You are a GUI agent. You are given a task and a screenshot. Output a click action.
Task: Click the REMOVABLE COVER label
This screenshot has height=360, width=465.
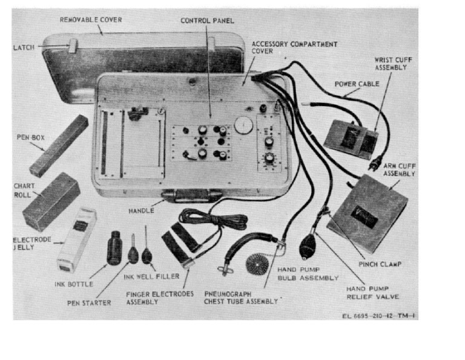[90, 20]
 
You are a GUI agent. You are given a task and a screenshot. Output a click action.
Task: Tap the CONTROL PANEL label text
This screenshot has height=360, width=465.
[207, 21]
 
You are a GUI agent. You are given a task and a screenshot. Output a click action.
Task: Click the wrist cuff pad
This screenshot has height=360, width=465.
[348, 138]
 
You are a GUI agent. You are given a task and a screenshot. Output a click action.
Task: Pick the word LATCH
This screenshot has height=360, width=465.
[25, 46]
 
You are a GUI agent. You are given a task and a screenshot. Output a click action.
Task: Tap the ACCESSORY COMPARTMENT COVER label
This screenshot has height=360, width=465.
[294, 48]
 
